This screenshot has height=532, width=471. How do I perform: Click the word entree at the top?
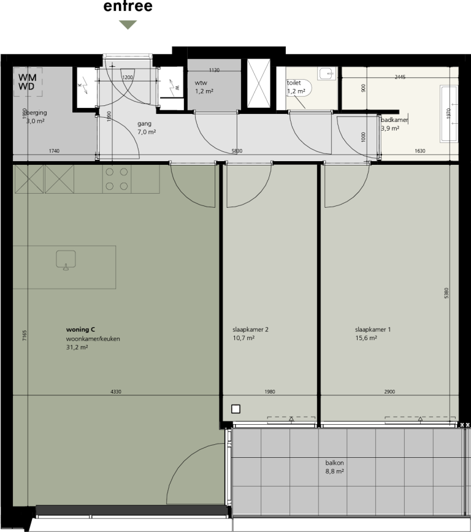(128, 7)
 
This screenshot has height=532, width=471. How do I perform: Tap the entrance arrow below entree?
(128, 25)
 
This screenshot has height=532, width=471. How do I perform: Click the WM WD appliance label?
(26, 82)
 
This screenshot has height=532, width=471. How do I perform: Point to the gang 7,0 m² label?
(147, 127)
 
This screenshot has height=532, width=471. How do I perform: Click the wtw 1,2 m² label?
(204, 87)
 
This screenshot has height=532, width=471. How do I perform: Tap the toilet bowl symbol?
(305, 88)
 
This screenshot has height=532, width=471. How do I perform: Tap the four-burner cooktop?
(117, 179)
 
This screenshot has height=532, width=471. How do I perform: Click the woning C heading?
(80, 330)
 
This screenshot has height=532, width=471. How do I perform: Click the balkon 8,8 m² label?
(334, 468)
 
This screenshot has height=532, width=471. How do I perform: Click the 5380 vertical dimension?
(446, 294)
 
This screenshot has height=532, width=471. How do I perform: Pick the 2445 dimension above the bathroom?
(400, 77)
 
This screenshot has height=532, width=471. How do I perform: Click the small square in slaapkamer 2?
(235, 409)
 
